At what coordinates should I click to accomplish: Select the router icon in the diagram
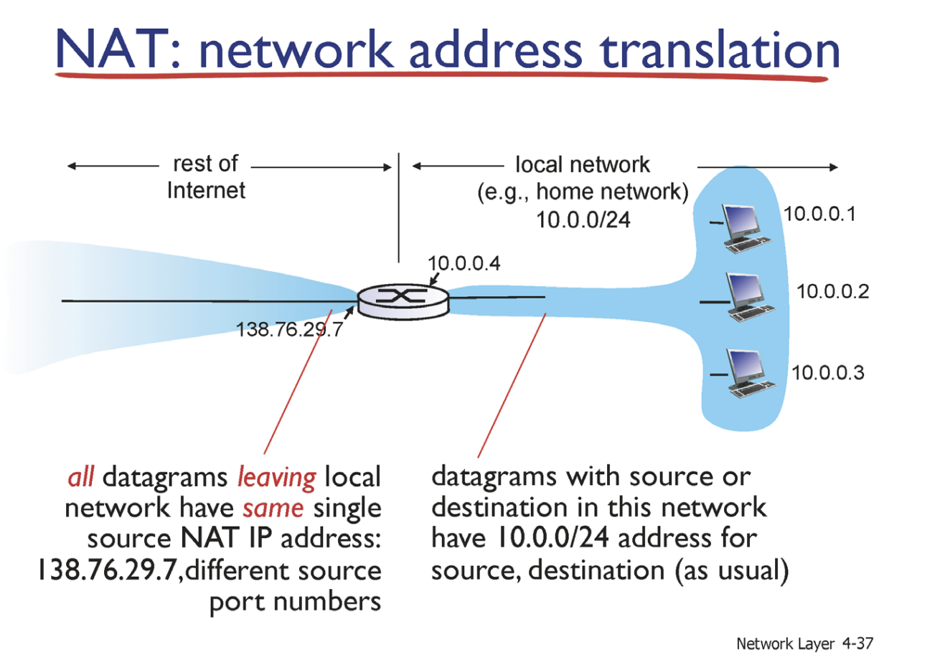pos(403,301)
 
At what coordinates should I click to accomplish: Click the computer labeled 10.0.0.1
pos(746,228)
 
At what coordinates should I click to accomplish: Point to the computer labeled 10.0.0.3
pos(750,373)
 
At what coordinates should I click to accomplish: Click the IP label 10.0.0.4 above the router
pos(464,263)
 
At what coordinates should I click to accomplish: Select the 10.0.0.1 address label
pos(819,214)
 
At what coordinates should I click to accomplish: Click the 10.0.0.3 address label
pos(828,372)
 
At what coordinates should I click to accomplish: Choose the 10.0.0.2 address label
pos(832,291)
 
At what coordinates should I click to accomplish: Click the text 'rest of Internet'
pos(206,176)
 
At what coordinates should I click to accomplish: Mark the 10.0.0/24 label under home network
pos(583,220)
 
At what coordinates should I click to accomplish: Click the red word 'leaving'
pos(276,477)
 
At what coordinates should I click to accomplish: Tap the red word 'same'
pos(273,509)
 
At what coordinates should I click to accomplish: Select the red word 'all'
pos(81,477)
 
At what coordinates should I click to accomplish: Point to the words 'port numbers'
pos(295,601)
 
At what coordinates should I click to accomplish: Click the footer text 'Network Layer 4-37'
pos(804,643)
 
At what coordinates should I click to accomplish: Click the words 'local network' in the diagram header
pos(583,164)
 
